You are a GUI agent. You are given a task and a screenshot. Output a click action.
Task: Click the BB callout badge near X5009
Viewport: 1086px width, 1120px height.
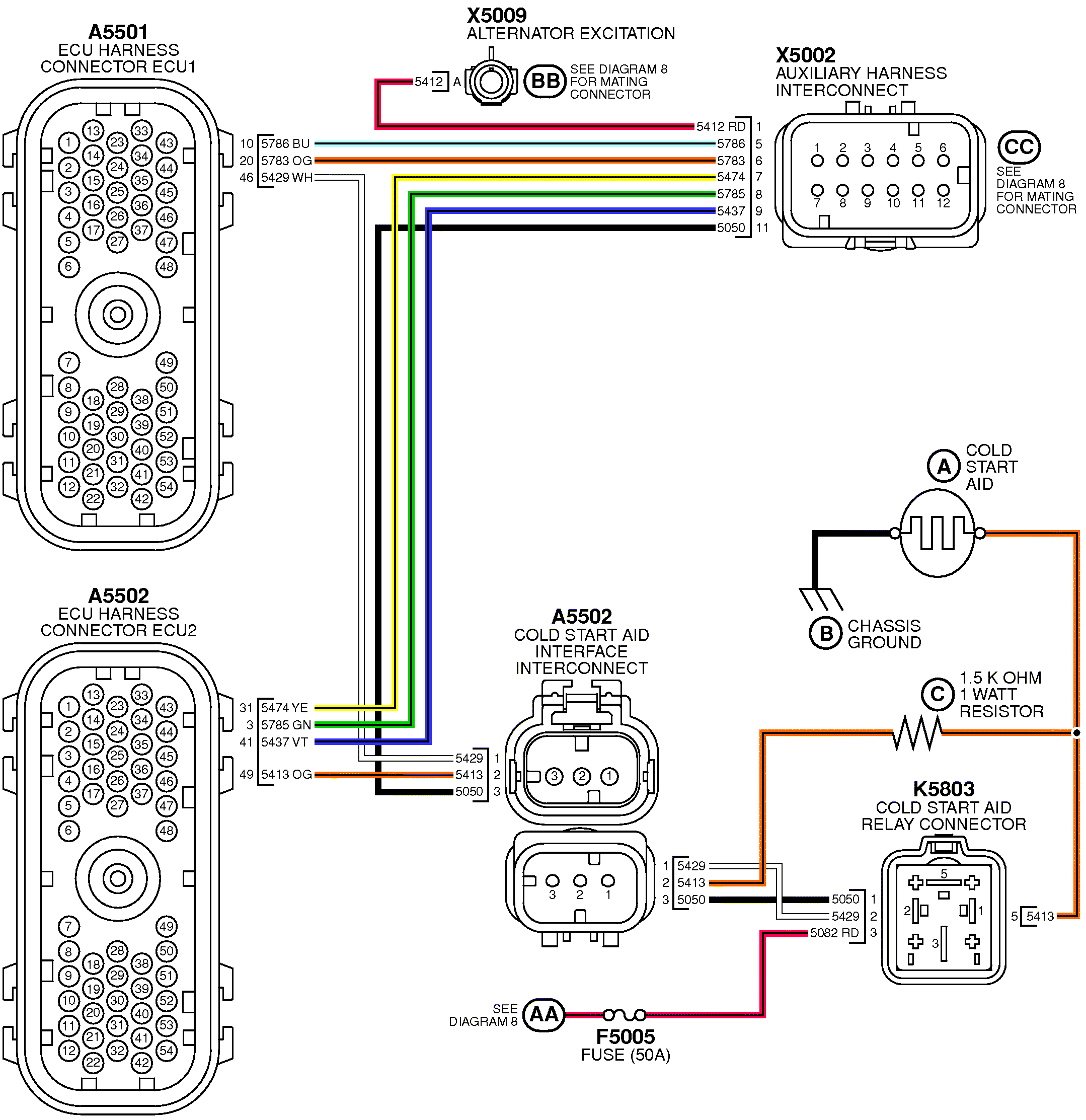[545, 81]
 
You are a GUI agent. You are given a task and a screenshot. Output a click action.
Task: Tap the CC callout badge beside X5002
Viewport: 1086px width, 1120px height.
[1019, 147]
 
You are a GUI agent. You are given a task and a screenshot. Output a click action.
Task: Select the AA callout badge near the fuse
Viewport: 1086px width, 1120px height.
[544, 1014]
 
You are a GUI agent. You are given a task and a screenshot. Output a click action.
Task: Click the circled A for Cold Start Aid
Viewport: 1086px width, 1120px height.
[944, 466]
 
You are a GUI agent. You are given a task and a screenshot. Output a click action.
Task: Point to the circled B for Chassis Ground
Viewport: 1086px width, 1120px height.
[825, 633]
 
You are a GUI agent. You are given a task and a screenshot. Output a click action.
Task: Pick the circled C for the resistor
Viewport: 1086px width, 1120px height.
[938, 694]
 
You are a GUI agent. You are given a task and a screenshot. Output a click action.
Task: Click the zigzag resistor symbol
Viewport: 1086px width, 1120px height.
[916, 732]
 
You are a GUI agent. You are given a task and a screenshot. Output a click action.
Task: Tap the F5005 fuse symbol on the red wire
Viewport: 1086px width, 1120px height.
[625, 1015]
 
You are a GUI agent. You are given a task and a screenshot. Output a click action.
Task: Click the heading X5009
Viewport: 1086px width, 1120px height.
[496, 16]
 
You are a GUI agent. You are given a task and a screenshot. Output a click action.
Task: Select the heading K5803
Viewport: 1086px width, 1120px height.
[943, 789]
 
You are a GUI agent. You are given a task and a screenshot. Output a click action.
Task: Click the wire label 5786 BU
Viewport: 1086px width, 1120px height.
[285, 143]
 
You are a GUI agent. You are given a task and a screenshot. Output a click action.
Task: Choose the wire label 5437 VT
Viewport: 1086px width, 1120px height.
[284, 741]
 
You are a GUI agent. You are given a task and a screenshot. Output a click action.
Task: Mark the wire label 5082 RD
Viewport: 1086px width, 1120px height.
[834, 933]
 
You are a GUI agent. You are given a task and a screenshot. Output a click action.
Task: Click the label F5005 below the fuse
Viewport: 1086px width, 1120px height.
[625, 1036]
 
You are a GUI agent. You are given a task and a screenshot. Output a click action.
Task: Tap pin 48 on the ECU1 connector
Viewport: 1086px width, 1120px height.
[166, 267]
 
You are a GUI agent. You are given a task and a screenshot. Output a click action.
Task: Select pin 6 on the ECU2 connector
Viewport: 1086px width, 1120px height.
[68, 830]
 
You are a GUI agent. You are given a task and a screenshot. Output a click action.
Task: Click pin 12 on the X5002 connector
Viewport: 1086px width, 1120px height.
[943, 190]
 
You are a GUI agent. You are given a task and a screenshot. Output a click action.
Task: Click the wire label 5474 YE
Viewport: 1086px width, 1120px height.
[284, 708]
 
